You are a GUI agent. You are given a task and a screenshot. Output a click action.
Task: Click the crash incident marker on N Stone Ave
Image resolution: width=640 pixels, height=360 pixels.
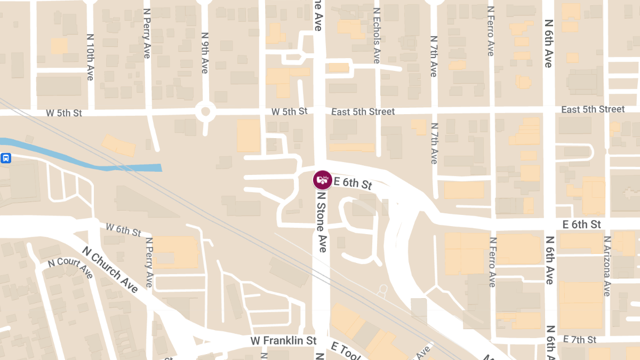[x=322, y=180]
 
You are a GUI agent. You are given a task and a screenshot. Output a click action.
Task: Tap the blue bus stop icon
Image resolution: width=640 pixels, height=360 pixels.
[x=6, y=158]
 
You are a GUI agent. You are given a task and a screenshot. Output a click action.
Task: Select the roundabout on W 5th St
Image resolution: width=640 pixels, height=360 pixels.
[x=205, y=113]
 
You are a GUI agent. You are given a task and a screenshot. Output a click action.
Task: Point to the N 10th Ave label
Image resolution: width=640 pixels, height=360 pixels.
[x=90, y=58]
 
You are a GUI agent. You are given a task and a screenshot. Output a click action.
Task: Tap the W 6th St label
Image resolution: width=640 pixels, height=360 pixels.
[x=123, y=230]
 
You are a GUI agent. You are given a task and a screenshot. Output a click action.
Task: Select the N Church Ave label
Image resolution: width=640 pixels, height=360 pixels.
[x=110, y=269]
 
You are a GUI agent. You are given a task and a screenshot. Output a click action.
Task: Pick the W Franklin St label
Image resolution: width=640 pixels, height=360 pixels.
[x=284, y=340]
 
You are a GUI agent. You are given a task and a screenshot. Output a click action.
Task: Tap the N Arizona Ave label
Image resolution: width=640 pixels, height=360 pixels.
[x=607, y=266]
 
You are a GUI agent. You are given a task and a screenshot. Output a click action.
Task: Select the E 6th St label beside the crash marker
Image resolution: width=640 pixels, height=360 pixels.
[x=352, y=183]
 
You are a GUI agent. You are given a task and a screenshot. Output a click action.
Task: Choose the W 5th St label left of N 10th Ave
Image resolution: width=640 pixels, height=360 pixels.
[x=64, y=113]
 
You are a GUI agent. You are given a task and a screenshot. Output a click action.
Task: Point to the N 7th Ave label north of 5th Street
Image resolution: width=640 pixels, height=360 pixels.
[x=433, y=55]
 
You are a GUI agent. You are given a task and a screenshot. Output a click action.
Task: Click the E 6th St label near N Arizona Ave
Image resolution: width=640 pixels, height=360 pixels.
[x=582, y=224]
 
